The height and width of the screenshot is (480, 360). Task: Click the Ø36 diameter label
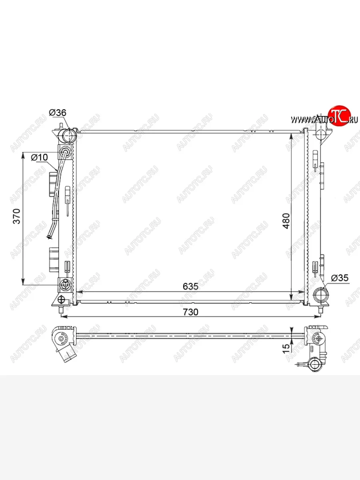tap(58, 113)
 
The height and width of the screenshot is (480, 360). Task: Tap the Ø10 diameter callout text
tap(39, 157)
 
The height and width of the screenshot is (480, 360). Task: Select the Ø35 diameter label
tap(340, 278)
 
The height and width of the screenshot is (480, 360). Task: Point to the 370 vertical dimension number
tap(17, 216)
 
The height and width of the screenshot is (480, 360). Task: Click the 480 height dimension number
tap(286, 221)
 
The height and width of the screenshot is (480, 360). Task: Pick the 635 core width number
tap(191, 286)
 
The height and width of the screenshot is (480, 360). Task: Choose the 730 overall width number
tap(191, 312)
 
